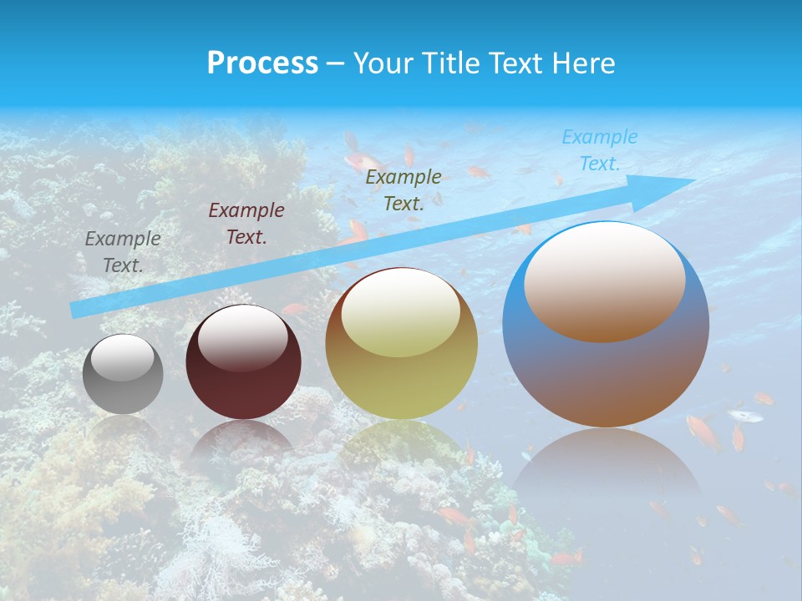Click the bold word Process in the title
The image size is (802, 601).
click(262, 63)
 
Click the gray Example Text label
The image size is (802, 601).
click(123, 252)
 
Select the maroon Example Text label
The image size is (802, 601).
click(246, 224)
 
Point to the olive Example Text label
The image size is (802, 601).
click(404, 189)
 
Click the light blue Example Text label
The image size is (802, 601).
click(599, 150)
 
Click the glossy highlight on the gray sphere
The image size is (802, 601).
click(122, 357)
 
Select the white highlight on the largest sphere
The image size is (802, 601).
click(605, 280)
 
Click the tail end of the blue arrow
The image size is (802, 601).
click(77, 310)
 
